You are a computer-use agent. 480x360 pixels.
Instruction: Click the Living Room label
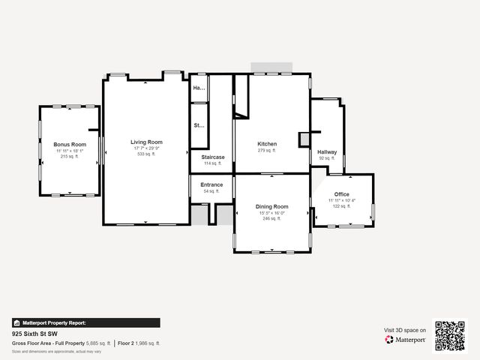tap(146, 142)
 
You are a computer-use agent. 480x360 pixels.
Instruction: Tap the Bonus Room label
tap(70, 144)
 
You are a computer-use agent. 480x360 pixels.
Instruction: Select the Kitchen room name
tap(267, 144)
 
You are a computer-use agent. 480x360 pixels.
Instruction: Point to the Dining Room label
tap(271, 206)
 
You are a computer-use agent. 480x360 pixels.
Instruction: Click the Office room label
tap(342, 194)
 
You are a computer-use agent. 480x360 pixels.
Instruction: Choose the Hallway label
tap(327, 151)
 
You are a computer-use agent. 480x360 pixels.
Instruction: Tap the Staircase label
tap(212, 157)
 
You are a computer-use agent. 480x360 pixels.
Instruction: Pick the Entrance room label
tap(211, 184)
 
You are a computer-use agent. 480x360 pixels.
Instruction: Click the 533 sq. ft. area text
tap(146, 154)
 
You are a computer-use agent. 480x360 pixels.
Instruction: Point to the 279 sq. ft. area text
tap(267, 151)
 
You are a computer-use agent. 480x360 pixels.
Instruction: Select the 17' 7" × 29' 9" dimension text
tap(146, 148)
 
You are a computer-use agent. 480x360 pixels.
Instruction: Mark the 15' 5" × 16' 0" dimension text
tap(271, 212)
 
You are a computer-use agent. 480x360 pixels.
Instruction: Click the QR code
tap(450, 336)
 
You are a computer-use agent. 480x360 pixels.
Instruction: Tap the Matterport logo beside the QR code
tap(406, 340)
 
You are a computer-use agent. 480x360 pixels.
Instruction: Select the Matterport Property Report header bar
tap(85, 322)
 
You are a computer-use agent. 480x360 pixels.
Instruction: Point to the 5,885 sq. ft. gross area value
tap(99, 343)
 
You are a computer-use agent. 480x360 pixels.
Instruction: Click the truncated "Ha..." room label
tap(199, 88)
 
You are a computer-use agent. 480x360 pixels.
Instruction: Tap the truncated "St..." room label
tap(199, 126)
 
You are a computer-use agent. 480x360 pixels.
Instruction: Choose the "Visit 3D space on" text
tap(405, 330)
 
